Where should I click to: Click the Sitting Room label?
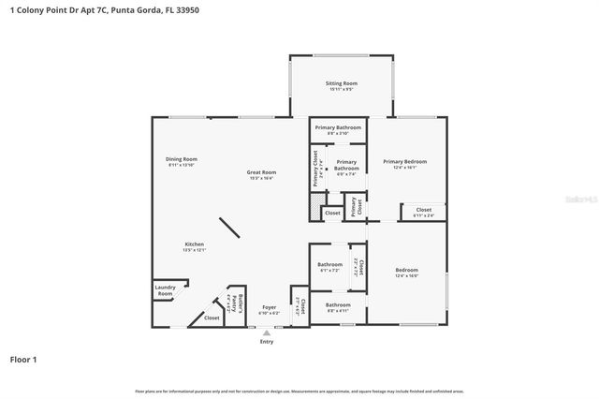tap(341, 86)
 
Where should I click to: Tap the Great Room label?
tap(261, 174)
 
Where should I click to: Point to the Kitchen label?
tap(194, 246)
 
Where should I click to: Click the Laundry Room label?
tap(165, 292)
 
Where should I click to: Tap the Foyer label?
tap(269, 309)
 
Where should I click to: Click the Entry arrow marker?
tap(267, 332)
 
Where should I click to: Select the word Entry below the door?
tap(267, 341)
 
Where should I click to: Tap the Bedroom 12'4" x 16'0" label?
tap(406, 273)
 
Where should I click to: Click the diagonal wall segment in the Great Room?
tap(230, 229)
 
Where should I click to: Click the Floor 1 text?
tap(23, 359)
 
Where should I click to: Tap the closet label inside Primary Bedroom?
tap(423, 212)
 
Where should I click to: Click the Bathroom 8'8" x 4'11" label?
tap(337, 306)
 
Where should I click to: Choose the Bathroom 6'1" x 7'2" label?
tap(329, 267)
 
